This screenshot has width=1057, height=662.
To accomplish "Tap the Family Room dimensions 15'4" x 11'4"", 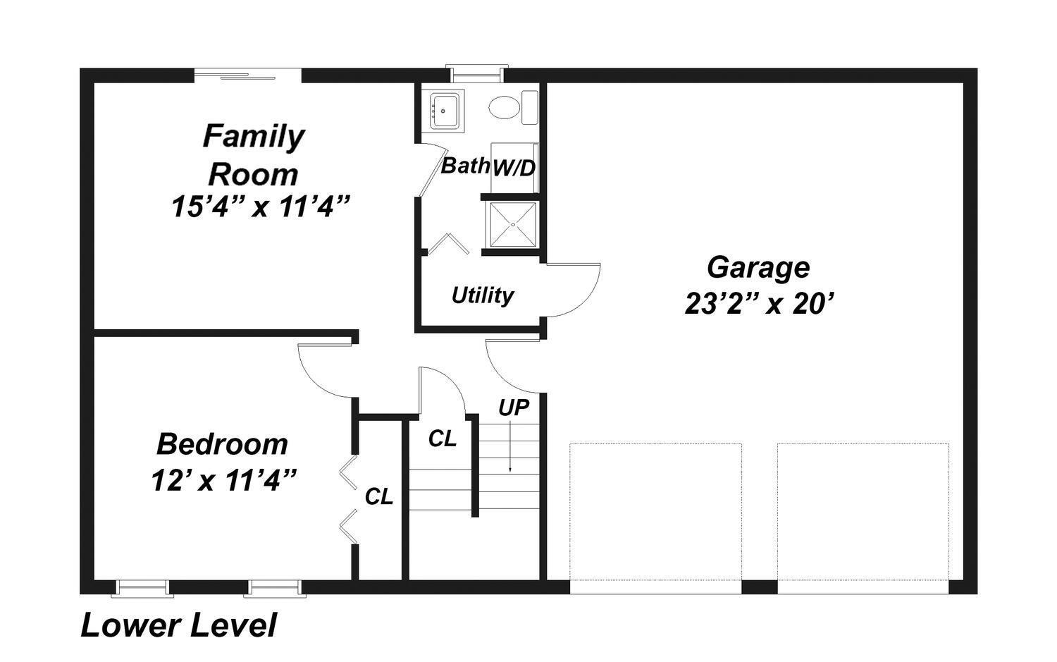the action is pos(261,207).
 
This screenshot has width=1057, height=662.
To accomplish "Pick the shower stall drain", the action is pos(513,225).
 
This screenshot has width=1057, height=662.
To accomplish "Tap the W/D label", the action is pos(514,168).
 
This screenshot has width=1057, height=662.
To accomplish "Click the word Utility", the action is pos(482,296).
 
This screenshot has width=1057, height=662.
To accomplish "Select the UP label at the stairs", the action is pos(514,407).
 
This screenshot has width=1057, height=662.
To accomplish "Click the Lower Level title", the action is pos(178,625).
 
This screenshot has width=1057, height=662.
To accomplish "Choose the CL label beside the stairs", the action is pos(442,439).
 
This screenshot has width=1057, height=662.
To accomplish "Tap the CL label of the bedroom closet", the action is pos(379,497).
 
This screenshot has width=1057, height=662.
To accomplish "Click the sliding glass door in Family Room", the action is pos(248,75).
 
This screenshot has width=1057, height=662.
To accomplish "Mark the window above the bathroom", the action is pos(476,73).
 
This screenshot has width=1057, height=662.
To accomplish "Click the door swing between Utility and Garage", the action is pos(573,290).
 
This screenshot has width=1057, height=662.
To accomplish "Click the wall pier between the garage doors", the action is pos(760,587).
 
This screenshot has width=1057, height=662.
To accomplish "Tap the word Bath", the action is pos(465,166).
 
